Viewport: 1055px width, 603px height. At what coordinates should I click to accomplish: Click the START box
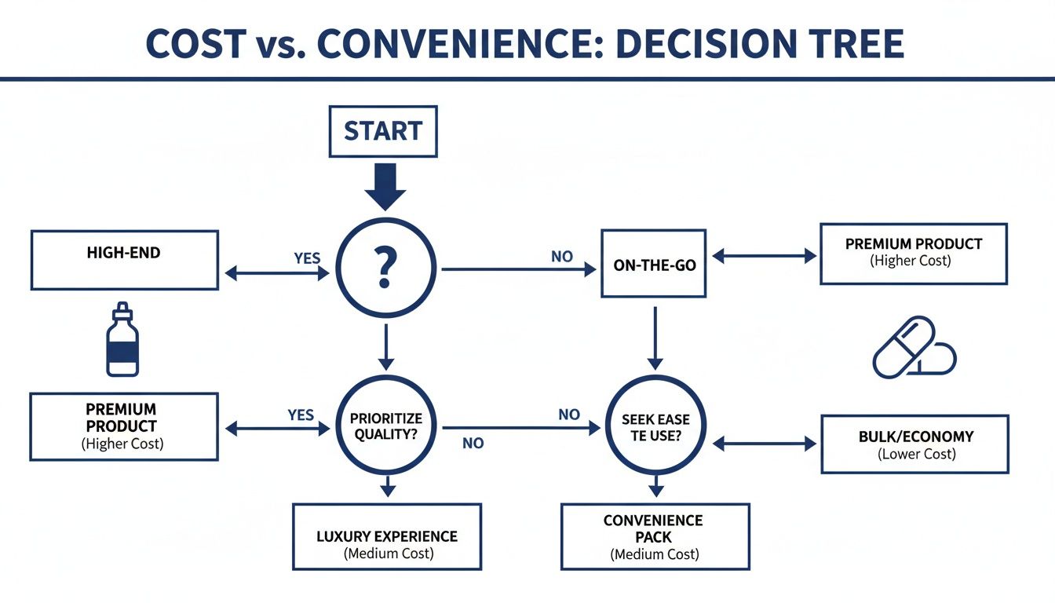click(x=383, y=130)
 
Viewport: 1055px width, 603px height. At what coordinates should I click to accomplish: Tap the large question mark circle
click(x=384, y=268)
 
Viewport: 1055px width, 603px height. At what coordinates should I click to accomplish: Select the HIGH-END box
click(x=124, y=260)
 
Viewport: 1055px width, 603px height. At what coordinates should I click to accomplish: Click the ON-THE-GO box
click(x=654, y=264)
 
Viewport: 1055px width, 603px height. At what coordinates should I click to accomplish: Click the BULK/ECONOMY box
click(x=914, y=444)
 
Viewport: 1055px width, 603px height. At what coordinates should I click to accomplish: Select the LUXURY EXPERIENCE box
click(x=386, y=536)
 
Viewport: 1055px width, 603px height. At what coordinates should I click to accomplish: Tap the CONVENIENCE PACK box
click(x=654, y=536)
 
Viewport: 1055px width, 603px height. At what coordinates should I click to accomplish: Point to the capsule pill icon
click(x=913, y=347)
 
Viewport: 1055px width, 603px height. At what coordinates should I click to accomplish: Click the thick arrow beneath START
click(x=384, y=186)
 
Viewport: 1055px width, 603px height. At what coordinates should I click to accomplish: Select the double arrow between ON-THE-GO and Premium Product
click(x=763, y=256)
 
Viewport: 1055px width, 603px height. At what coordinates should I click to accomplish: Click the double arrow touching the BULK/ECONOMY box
click(x=764, y=444)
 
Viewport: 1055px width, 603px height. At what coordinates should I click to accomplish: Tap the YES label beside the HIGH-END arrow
click(x=307, y=258)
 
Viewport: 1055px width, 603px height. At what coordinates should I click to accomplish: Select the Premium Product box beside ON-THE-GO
click(x=913, y=253)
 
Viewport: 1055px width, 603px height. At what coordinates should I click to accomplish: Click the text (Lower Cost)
click(x=915, y=454)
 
